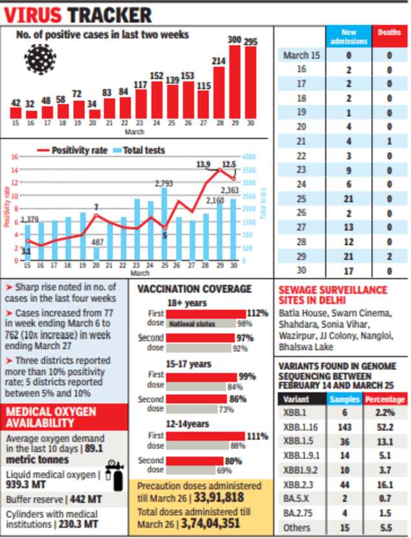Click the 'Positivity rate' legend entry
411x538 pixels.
73,150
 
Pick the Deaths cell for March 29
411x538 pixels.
390,255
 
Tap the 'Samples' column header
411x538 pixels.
344,399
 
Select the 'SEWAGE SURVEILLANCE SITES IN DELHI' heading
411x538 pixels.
333,295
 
